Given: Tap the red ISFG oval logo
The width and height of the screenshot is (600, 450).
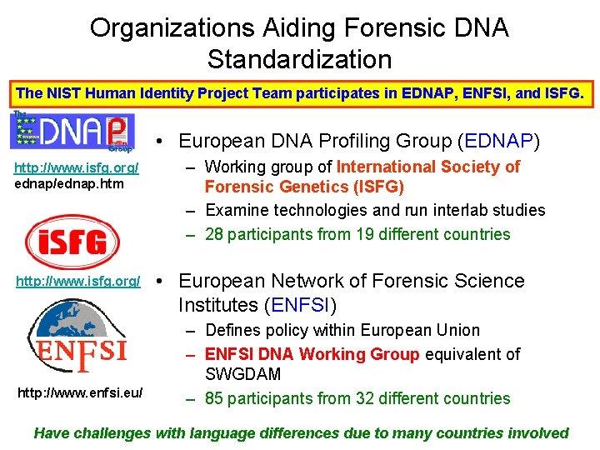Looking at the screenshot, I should (77, 242).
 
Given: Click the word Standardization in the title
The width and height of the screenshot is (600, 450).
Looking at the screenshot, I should (299, 59).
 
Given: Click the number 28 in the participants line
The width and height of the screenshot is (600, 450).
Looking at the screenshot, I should (214, 234).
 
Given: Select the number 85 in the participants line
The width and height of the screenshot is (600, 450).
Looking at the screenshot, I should (214, 398).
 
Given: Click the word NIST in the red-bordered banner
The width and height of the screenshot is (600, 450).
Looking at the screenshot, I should (59, 93).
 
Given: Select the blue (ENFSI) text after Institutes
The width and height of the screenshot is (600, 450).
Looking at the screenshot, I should (301, 304).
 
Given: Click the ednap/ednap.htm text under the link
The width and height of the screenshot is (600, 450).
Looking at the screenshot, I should (57, 183).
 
